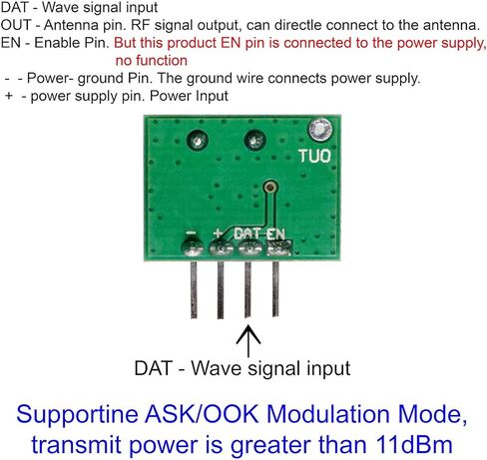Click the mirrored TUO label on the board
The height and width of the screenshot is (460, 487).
314,156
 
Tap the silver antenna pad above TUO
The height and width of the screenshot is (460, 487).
320,129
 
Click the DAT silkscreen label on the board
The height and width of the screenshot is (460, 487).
248,233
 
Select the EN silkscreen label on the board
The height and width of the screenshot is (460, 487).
275,234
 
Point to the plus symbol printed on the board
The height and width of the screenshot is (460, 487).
218,232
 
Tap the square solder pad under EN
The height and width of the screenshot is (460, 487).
279,248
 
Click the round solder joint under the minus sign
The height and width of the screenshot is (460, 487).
193,247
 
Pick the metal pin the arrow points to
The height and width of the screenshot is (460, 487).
247,289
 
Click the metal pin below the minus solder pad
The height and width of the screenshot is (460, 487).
194,289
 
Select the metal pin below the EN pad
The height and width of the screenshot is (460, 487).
275,288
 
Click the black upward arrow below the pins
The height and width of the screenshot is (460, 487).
248,340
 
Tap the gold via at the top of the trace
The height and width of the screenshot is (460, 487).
270,188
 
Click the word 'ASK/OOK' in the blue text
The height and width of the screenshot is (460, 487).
202,414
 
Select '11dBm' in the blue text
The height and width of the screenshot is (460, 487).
414,444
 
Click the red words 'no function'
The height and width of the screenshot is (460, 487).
152,61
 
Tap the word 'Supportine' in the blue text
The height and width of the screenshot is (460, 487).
77,415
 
